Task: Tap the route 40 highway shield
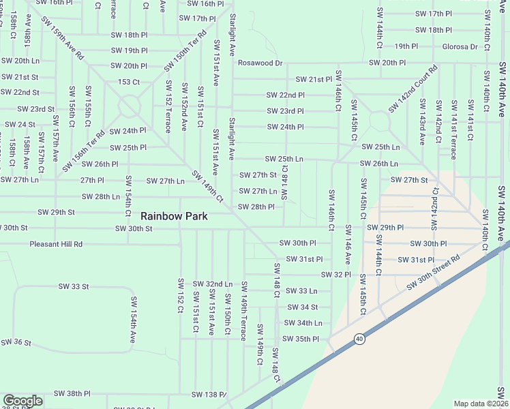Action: (359, 339)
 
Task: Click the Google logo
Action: (22, 401)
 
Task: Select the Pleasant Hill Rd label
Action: (56, 244)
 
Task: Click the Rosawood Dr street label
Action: (260, 63)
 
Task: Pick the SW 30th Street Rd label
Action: (434, 273)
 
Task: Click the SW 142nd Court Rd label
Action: (413, 89)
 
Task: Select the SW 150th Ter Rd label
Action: (185, 51)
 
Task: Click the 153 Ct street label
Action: (129, 82)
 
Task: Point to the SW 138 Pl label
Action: (209, 395)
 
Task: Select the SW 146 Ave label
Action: (347, 244)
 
